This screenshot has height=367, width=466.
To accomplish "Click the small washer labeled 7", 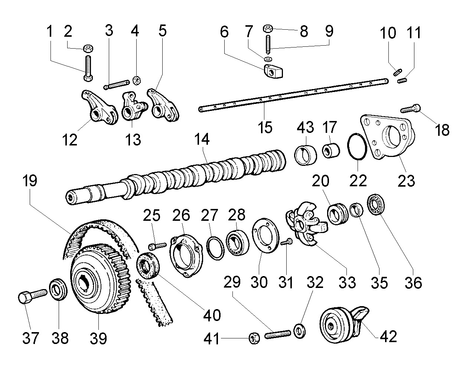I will [x=267, y=59].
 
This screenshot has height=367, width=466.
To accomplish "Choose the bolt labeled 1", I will [x=88, y=67].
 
